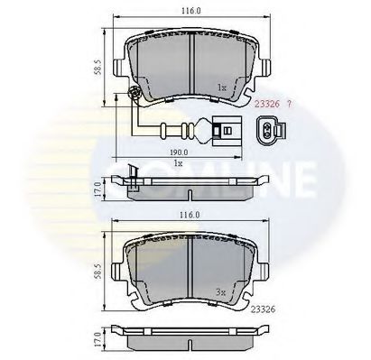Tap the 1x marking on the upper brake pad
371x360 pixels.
pyautogui.click(x=220, y=88)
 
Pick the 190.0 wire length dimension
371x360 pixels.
pyautogui.click(x=179, y=152)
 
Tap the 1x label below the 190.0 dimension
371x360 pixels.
pyautogui.click(x=179, y=164)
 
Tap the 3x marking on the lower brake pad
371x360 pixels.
pyautogui.click(x=220, y=291)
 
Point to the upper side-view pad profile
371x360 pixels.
pyautogui.click(x=190, y=184)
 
